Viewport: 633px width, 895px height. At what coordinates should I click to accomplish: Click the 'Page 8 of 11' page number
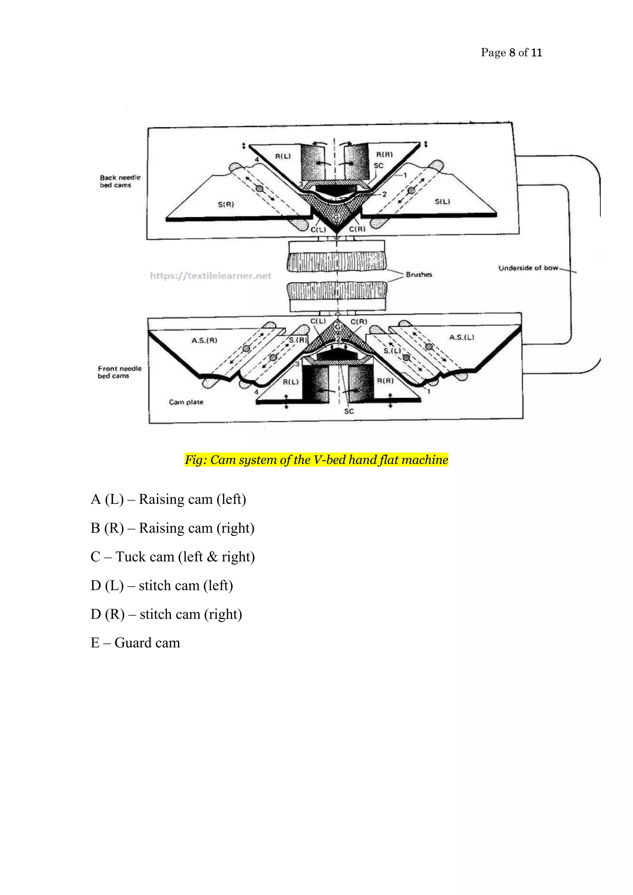pyautogui.click(x=511, y=52)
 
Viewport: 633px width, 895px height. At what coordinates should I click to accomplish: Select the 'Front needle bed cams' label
pyautogui.click(x=119, y=372)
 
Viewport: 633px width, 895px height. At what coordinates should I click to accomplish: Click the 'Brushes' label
pyautogui.click(x=418, y=274)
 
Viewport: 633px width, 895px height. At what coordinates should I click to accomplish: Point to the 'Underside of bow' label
pyautogui.click(x=528, y=268)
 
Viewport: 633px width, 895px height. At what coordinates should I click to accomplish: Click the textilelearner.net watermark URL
pyautogui.click(x=210, y=276)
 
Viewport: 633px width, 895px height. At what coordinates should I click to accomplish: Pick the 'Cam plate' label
pyautogui.click(x=186, y=402)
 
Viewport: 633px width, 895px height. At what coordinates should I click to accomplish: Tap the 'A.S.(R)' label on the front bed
pyautogui.click(x=204, y=340)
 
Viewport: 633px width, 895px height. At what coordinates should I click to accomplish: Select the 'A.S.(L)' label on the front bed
pyautogui.click(x=461, y=337)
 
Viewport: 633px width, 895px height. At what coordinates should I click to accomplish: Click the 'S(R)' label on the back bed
pyautogui.click(x=226, y=204)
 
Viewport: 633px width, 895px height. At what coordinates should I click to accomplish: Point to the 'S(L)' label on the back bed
pyautogui.click(x=442, y=201)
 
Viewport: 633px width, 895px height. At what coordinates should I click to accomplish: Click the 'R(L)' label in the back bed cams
pyautogui.click(x=283, y=156)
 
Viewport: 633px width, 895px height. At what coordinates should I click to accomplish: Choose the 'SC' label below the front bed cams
pyautogui.click(x=349, y=411)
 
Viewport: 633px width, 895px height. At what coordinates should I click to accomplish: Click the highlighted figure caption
pyautogui.click(x=316, y=460)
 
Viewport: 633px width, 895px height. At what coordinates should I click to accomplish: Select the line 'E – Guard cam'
pyautogui.click(x=135, y=643)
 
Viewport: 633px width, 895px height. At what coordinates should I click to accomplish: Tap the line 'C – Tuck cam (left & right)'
pyautogui.click(x=173, y=557)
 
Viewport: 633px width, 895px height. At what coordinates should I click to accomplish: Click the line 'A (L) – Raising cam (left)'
pyautogui.click(x=168, y=499)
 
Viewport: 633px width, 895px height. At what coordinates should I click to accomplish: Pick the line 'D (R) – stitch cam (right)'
pyautogui.click(x=166, y=614)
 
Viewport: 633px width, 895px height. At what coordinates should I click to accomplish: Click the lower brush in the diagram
pyautogui.click(x=337, y=291)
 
